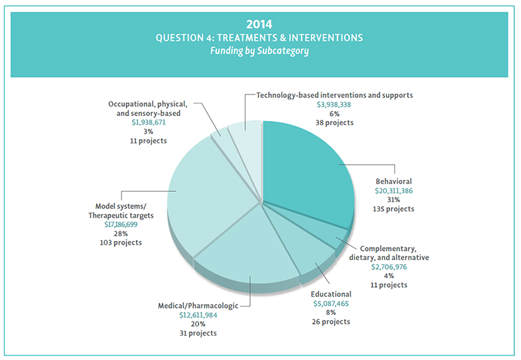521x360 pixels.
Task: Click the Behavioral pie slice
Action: click(x=306, y=167)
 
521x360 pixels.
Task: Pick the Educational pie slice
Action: click(x=306, y=250)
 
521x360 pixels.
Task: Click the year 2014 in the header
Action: click(x=260, y=24)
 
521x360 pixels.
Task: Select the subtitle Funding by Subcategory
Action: click(x=260, y=50)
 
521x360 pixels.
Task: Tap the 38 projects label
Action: click(x=335, y=122)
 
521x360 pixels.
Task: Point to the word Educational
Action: click(x=332, y=294)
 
